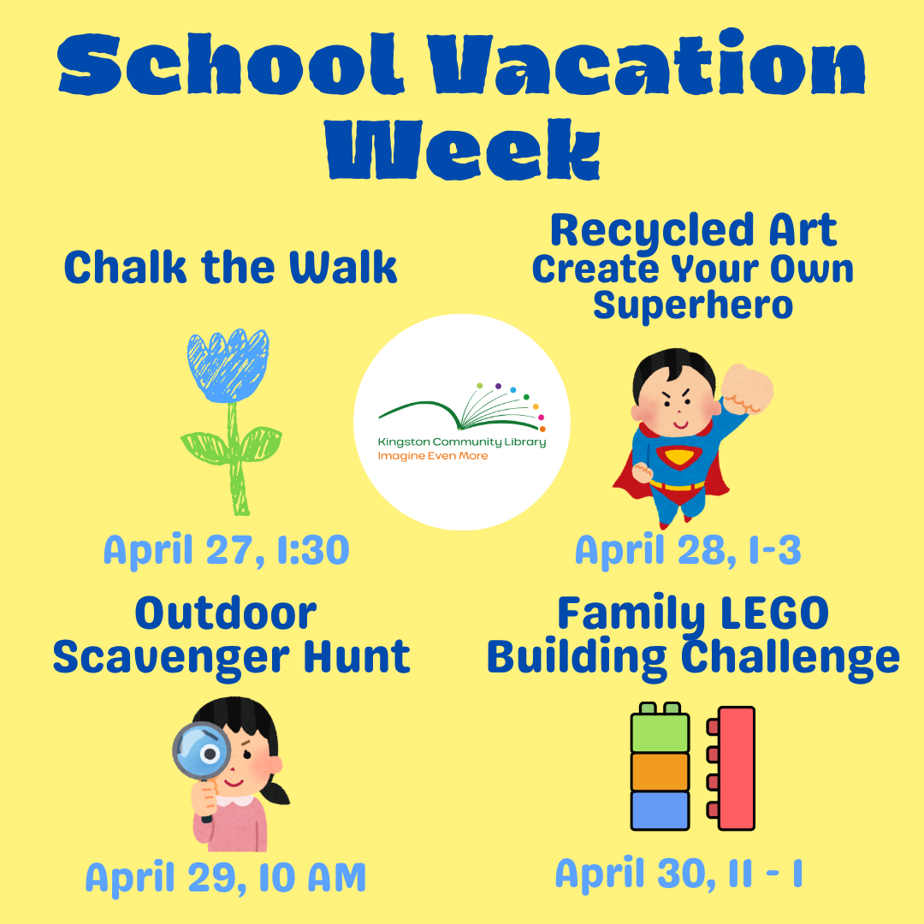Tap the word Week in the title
[462, 147]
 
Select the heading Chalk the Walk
[231, 268]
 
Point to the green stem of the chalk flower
[236, 462]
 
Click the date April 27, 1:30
[227, 550]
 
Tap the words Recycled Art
[693, 231]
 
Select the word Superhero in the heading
[693, 305]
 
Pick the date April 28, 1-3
[688, 550]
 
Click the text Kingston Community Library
[462, 441]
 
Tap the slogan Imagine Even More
[433, 456]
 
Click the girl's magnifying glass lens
[204, 753]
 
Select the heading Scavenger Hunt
[231, 657]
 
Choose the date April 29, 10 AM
[226, 877]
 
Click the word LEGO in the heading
[778, 613]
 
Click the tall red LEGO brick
[737, 767]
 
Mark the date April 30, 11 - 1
[679, 874]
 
